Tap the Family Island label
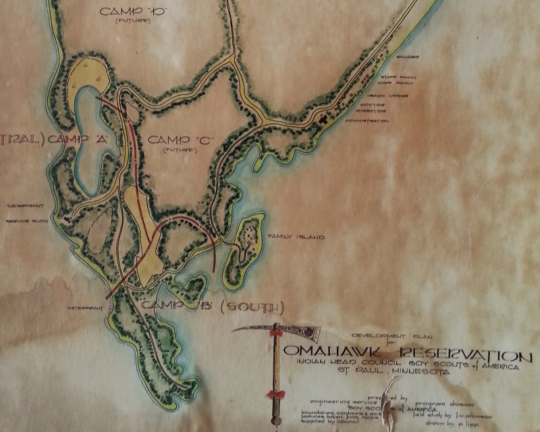(x=287, y=237)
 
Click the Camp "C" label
(x=181, y=140)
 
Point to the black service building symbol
(x=65, y=217)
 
